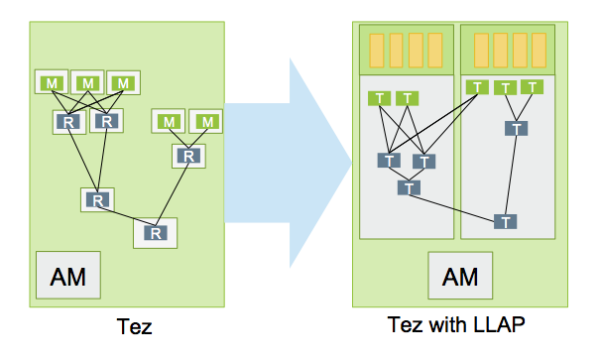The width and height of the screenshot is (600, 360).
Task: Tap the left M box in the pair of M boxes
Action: click(170, 121)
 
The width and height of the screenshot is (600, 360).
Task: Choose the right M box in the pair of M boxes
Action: click(206, 121)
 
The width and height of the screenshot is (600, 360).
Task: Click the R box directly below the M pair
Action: click(187, 156)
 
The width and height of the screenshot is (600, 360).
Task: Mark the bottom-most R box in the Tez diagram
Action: click(156, 232)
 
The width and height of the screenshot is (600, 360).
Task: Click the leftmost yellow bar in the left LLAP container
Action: click(376, 49)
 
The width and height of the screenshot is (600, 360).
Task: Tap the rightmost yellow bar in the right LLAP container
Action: click(540, 49)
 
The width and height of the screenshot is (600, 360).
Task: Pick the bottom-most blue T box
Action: click(506, 220)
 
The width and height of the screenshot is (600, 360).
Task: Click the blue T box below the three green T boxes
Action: click(515, 128)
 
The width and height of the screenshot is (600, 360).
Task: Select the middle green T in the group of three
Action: click(506, 88)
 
